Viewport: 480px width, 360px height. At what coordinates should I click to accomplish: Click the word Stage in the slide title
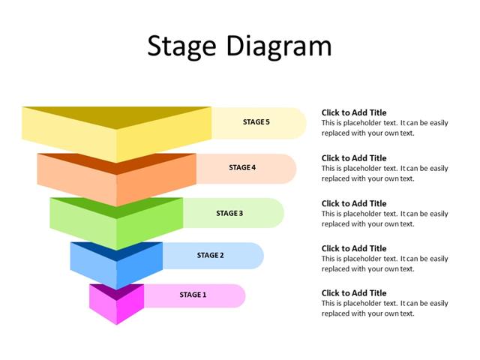(180, 46)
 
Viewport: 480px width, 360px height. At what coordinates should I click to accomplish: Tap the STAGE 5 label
(256, 121)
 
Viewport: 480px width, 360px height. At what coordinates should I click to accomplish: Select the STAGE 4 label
(242, 167)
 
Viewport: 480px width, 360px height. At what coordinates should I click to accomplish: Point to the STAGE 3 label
(229, 213)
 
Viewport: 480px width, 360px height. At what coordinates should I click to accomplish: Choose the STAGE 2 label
(210, 255)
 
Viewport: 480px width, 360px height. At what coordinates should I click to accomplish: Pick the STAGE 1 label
(192, 295)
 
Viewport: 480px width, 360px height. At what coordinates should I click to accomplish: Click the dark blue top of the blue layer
(116, 249)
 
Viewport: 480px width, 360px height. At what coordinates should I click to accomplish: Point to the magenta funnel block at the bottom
(116, 305)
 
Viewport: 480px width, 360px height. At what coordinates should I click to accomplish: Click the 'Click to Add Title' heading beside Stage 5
(354, 112)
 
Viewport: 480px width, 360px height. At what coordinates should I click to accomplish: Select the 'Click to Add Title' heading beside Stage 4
(354, 158)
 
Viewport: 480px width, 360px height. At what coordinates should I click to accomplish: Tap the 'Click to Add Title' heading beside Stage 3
(354, 203)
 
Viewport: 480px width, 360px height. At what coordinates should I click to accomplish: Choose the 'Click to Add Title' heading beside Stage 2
(354, 248)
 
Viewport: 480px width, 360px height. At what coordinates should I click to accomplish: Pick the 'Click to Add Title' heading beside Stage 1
(354, 293)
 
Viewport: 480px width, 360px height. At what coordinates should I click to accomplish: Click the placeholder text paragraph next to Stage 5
(384, 127)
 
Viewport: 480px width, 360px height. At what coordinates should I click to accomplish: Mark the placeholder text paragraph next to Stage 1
(384, 308)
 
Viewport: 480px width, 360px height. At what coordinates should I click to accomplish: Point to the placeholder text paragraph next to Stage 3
(384, 218)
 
